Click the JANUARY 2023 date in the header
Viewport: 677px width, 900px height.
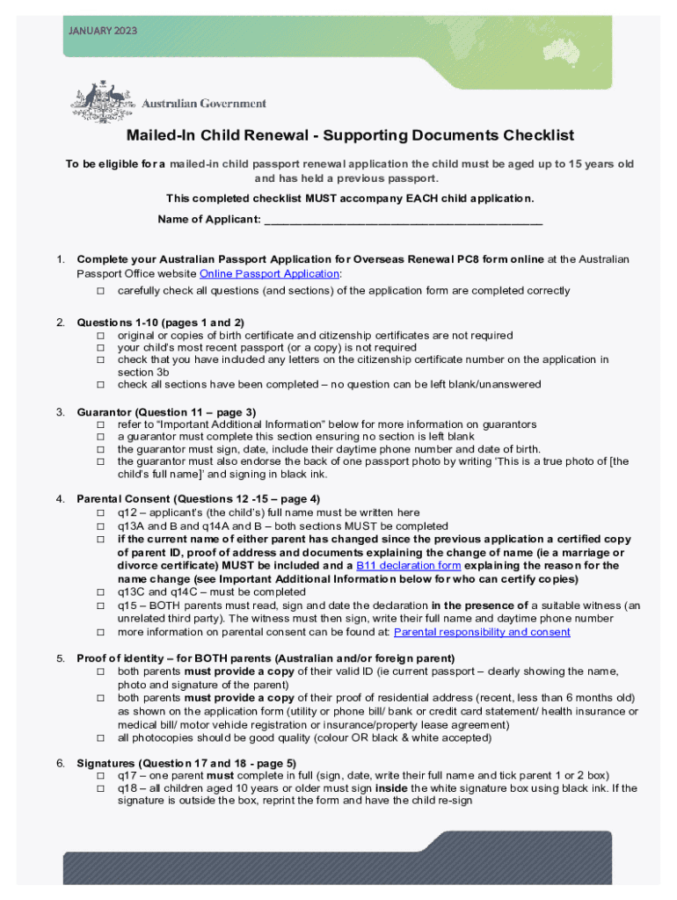(102, 31)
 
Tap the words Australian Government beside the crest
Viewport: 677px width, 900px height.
(204, 103)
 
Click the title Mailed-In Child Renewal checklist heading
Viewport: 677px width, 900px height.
(350, 135)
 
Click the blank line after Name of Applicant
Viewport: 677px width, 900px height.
(403, 219)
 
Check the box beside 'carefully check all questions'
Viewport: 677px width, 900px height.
(100, 290)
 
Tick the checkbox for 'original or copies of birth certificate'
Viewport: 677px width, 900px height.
(100, 336)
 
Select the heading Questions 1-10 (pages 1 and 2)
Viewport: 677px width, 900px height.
(160, 323)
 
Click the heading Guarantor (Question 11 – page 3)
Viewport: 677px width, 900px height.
(166, 411)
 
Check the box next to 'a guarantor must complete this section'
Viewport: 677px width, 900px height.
(100, 437)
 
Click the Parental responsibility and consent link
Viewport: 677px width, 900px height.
(482, 631)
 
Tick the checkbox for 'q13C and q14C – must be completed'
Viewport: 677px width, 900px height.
(100, 592)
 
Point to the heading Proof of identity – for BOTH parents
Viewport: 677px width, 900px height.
(266, 658)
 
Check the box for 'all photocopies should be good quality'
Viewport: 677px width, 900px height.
(100, 738)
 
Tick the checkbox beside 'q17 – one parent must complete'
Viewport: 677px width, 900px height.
(100, 776)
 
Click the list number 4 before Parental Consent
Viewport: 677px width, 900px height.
(60, 499)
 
